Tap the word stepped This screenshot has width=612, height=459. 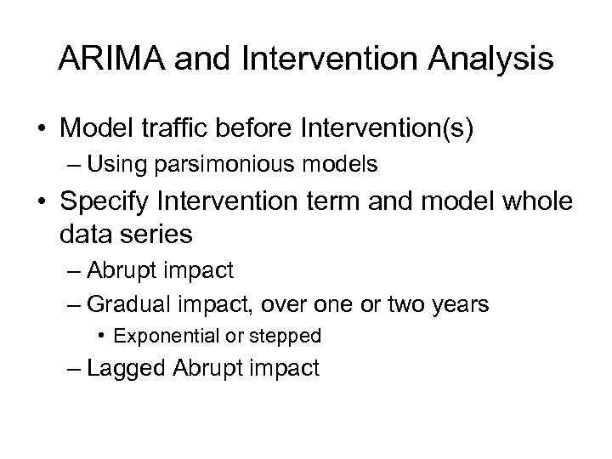click(x=287, y=336)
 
